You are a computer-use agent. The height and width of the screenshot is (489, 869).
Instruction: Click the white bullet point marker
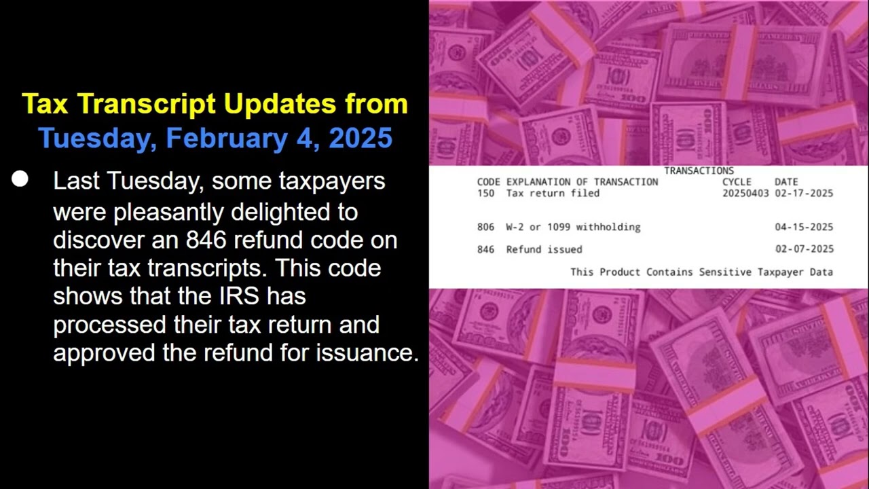coord(20,179)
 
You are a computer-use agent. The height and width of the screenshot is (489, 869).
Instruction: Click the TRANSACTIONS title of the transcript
coord(699,170)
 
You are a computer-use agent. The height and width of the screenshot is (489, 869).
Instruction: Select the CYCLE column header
coord(737,182)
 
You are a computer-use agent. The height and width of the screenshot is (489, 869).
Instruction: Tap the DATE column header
coord(786,182)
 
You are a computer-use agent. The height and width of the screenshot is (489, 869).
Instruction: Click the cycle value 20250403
coord(745,193)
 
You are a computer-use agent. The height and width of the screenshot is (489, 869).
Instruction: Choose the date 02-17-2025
coord(804,193)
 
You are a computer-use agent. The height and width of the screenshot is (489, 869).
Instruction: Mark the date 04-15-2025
coord(804,227)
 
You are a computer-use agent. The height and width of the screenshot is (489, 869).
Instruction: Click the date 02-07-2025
coord(804,249)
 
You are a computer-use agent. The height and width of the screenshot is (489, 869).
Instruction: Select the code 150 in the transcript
coord(485,193)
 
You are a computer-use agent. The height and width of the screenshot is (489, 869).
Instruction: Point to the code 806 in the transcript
coord(485,227)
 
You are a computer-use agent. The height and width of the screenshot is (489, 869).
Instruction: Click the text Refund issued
coord(544,249)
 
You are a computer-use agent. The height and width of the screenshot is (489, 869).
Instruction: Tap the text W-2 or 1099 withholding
coord(573,227)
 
